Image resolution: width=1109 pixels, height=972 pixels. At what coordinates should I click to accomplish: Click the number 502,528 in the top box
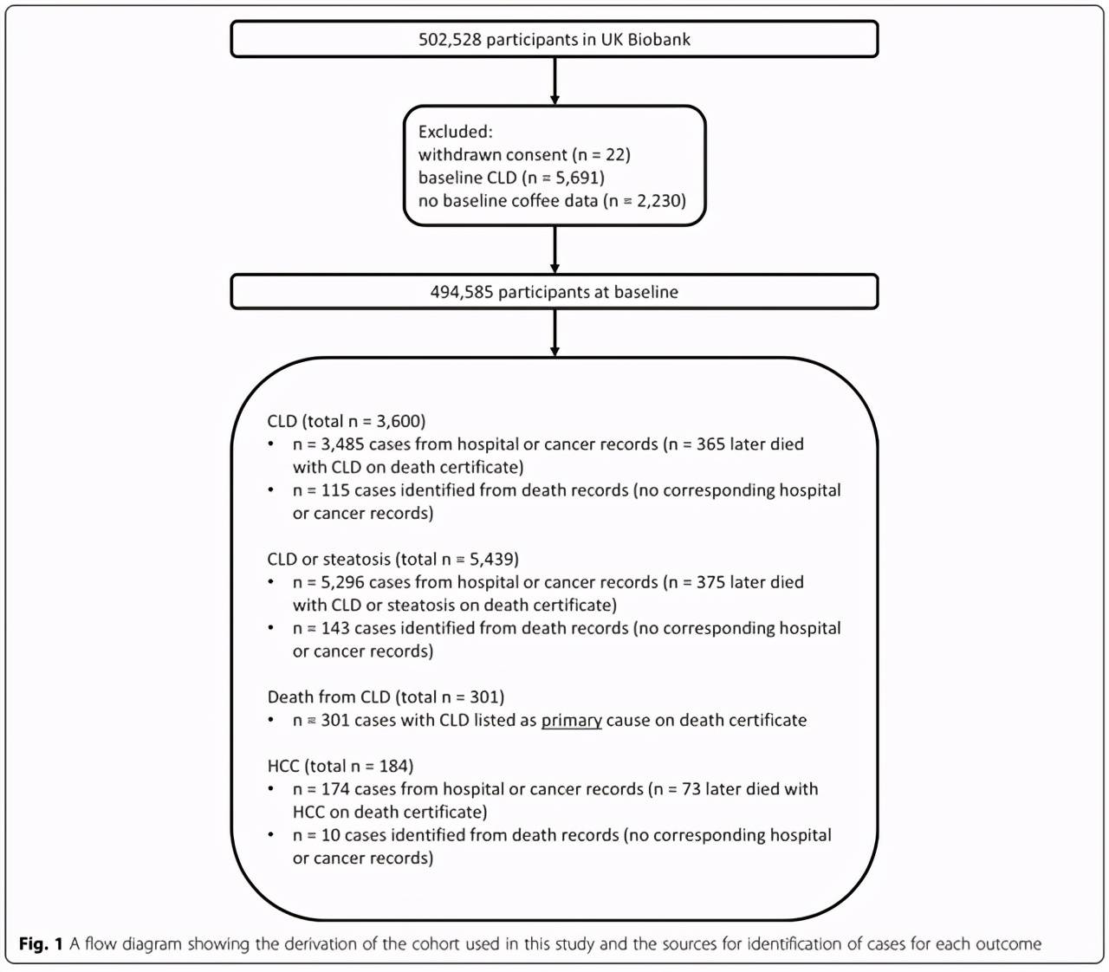(450, 39)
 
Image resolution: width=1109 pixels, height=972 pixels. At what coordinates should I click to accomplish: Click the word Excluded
(454, 132)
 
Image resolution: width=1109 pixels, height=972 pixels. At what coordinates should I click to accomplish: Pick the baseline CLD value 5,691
(578, 178)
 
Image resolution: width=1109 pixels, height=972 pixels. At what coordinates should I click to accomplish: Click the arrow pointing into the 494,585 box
(554, 249)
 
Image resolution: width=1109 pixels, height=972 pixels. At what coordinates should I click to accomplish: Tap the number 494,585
(461, 292)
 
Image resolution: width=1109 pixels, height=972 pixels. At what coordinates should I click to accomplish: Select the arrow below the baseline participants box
(554, 333)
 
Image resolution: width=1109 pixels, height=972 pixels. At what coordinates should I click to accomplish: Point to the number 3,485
(342, 444)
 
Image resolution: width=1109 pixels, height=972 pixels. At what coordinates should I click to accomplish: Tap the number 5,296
(342, 582)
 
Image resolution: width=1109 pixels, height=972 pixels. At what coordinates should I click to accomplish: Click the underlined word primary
(571, 720)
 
